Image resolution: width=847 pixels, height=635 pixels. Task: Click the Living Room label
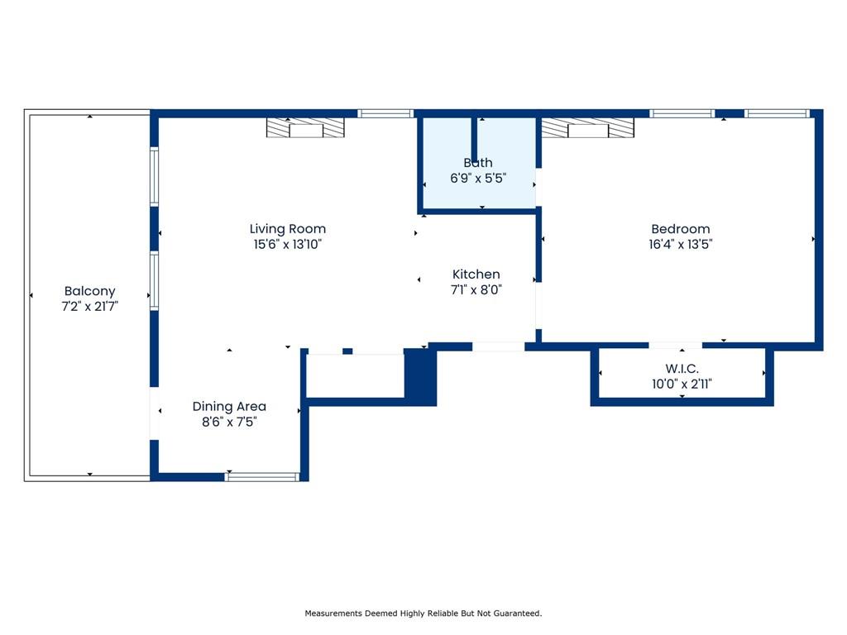coord(287,229)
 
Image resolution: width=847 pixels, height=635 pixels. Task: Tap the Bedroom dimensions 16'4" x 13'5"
coord(680,244)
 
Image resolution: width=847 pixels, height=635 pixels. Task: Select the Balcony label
coord(89,291)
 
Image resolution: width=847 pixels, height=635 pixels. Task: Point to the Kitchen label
coord(476,275)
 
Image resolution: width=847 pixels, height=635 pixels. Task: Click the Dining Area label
coord(229,407)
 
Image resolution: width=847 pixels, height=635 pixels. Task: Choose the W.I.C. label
coord(682,369)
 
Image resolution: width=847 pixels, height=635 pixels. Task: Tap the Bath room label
coord(478,163)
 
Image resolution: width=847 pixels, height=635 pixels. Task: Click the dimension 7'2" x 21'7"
coord(89,307)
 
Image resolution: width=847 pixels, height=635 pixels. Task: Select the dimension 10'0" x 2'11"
coord(682,384)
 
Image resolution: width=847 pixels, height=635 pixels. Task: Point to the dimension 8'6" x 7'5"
coord(229,422)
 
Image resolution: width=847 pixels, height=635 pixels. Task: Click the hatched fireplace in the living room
coord(305,128)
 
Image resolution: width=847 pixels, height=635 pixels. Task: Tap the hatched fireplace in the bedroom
coord(588,128)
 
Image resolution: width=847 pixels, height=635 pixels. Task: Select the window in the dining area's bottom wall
coord(262,477)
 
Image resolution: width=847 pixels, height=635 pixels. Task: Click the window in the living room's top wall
coord(385,113)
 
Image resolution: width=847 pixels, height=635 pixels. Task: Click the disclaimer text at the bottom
coord(423,614)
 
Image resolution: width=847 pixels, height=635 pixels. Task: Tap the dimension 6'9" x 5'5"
coord(478,179)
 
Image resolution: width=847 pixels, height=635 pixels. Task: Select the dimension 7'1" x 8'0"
coord(476,290)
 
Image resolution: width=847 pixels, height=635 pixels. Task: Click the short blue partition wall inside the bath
coord(474,139)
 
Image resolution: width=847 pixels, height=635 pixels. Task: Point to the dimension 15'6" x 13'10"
coord(287,244)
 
